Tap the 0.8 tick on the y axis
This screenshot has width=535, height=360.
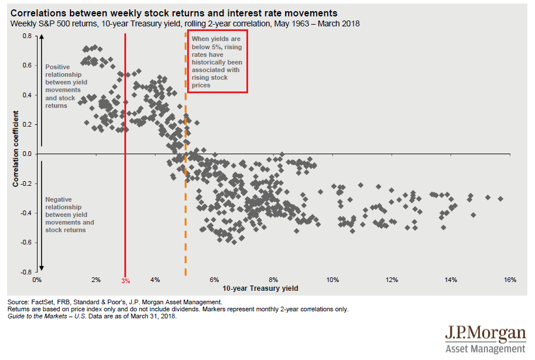[x=26, y=36]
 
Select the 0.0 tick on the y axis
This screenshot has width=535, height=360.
[x=26, y=154]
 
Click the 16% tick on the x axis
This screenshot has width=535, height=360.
[x=509, y=280]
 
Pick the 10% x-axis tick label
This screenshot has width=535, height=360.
[x=332, y=280]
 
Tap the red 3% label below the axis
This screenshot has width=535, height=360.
[x=126, y=281]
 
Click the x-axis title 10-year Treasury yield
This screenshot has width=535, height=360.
[x=260, y=288]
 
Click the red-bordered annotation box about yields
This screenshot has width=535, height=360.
[x=218, y=62]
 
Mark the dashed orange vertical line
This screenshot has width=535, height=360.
[x=185, y=205]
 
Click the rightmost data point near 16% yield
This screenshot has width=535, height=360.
[x=500, y=199]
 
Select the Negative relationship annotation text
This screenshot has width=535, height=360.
[x=69, y=215]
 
